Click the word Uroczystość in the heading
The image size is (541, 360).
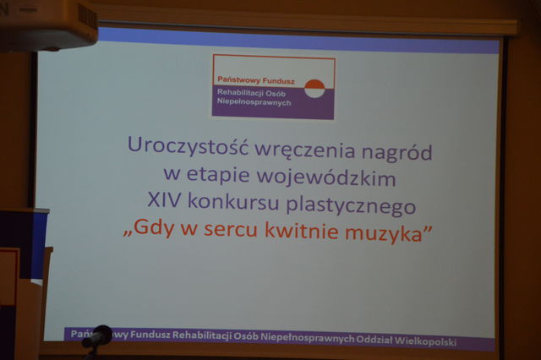[188, 145]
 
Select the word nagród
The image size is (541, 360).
[396, 152]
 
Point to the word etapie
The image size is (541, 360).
[218, 174]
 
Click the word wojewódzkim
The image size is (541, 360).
[326, 177]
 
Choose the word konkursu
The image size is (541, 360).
[233, 201]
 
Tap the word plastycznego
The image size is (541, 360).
[351, 205]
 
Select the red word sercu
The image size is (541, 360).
[230, 230]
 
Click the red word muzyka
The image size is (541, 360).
[384, 234]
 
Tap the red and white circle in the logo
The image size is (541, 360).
[314, 89]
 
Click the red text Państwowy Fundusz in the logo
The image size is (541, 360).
[256, 80]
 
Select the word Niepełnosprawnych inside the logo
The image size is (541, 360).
[254, 102]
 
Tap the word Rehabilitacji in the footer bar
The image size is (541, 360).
[201, 335]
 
